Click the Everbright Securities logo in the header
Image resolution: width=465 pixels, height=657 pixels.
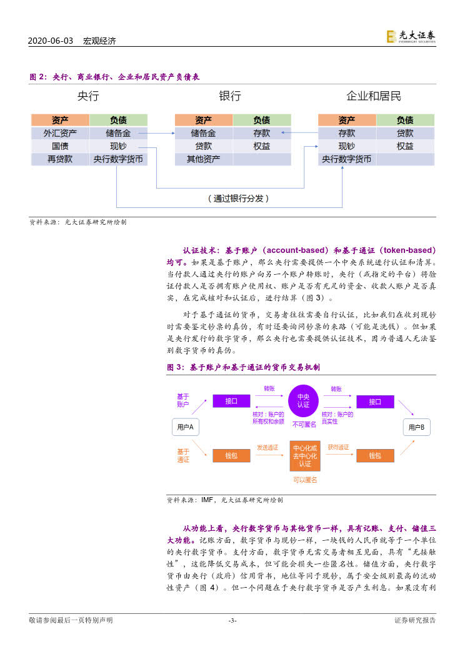click(x=411, y=37)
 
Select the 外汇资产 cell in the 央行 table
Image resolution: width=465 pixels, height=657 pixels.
click(x=60, y=133)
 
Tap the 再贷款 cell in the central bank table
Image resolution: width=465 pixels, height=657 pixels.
click(x=60, y=159)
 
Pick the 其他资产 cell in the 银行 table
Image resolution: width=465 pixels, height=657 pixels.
click(x=203, y=159)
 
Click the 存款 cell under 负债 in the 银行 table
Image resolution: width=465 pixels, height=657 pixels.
click(x=262, y=133)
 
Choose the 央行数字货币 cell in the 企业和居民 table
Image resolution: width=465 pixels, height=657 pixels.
click(x=347, y=159)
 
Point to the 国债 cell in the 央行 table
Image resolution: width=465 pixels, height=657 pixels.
click(x=60, y=146)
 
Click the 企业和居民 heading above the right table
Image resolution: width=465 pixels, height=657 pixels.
click(x=374, y=96)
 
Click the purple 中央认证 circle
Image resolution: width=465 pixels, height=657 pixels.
click(x=304, y=401)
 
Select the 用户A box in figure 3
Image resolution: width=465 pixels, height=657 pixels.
click(x=185, y=427)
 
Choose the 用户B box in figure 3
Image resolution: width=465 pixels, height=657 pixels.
click(x=416, y=427)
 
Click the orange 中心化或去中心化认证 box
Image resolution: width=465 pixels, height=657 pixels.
click(x=304, y=456)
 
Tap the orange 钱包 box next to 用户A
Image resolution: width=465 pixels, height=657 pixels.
click(x=231, y=456)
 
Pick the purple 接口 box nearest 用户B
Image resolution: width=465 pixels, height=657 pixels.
click(x=375, y=402)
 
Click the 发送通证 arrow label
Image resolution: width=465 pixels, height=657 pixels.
click(x=267, y=447)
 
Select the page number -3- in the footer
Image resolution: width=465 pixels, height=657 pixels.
click(x=232, y=620)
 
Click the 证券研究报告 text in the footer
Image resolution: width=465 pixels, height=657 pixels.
click(x=415, y=620)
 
